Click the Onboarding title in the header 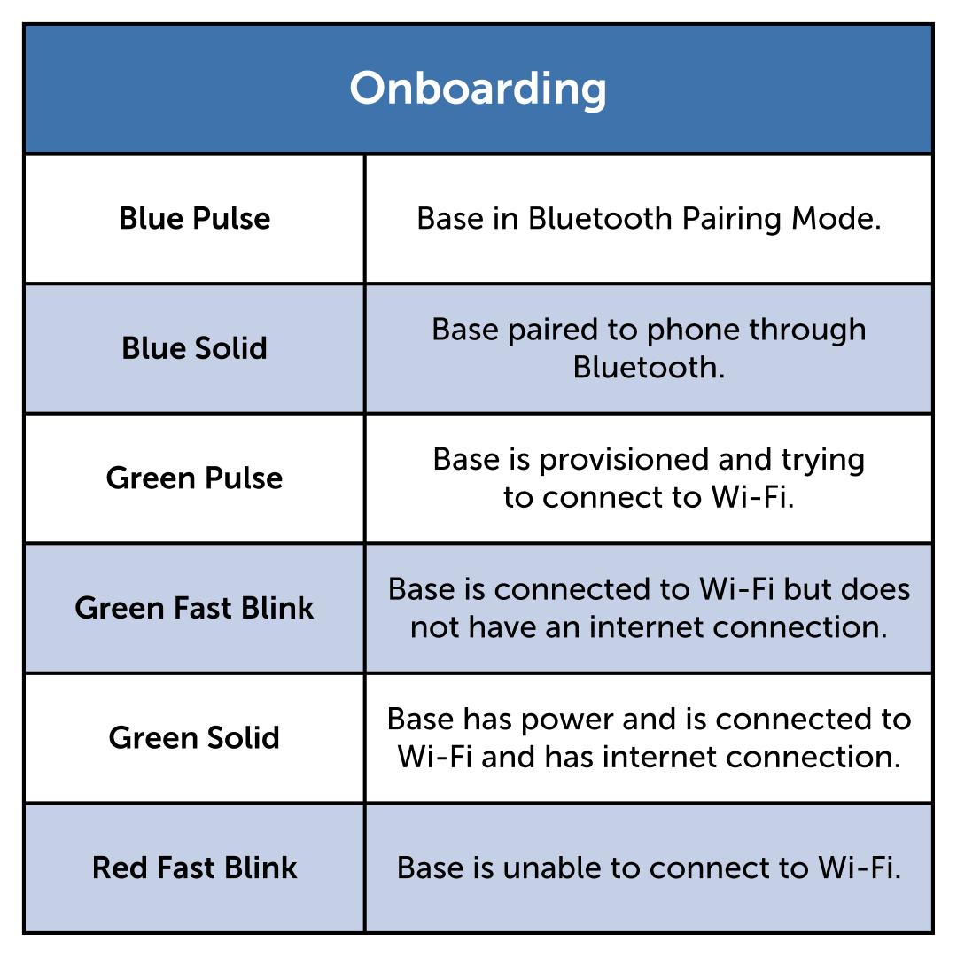click(x=478, y=89)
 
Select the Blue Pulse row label click(x=195, y=219)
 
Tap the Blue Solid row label click(x=195, y=348)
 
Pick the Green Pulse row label click(x=195, y=478)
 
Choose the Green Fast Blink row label click(x=195, y=608)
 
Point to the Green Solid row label click(x=195, y=738)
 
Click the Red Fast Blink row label click(x=195, y=868)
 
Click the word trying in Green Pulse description click(x=822, y=460)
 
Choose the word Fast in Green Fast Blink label click(x=203, y=608)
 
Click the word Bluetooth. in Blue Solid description click(x=649, y=367)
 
